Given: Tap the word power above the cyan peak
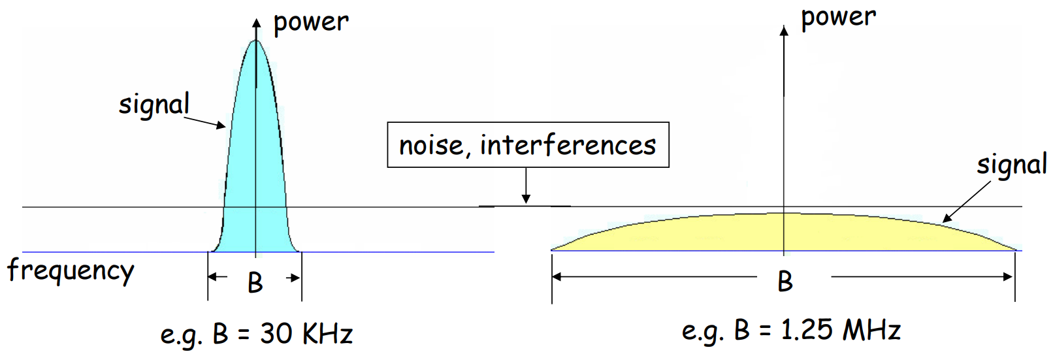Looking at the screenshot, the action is tap(311, 23).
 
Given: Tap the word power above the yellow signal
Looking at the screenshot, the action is tap(838, 18).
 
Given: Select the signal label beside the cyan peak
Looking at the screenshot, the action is tap(154, 105).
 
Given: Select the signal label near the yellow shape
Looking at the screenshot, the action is tap(1011, 165).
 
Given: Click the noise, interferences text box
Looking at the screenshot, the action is tap(528, 145).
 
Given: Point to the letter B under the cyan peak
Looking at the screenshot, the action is tap(255, 283).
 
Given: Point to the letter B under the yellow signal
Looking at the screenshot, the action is tap(785, 282).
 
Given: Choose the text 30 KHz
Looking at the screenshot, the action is tap(306, 334).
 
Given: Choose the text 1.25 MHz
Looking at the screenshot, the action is tap(841, 330).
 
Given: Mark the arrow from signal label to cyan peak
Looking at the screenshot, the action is tap(205, 122).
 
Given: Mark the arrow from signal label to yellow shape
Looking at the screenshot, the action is tap(967, 201).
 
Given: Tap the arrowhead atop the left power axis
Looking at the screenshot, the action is tap(256, 24).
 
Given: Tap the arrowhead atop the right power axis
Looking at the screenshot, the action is tap(784, 30).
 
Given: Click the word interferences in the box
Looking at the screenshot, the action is tap(568, 145).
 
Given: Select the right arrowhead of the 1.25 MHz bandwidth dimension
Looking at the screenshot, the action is tap(1007, 277).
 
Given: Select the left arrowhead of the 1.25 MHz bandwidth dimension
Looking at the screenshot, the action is tap(557, 277).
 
